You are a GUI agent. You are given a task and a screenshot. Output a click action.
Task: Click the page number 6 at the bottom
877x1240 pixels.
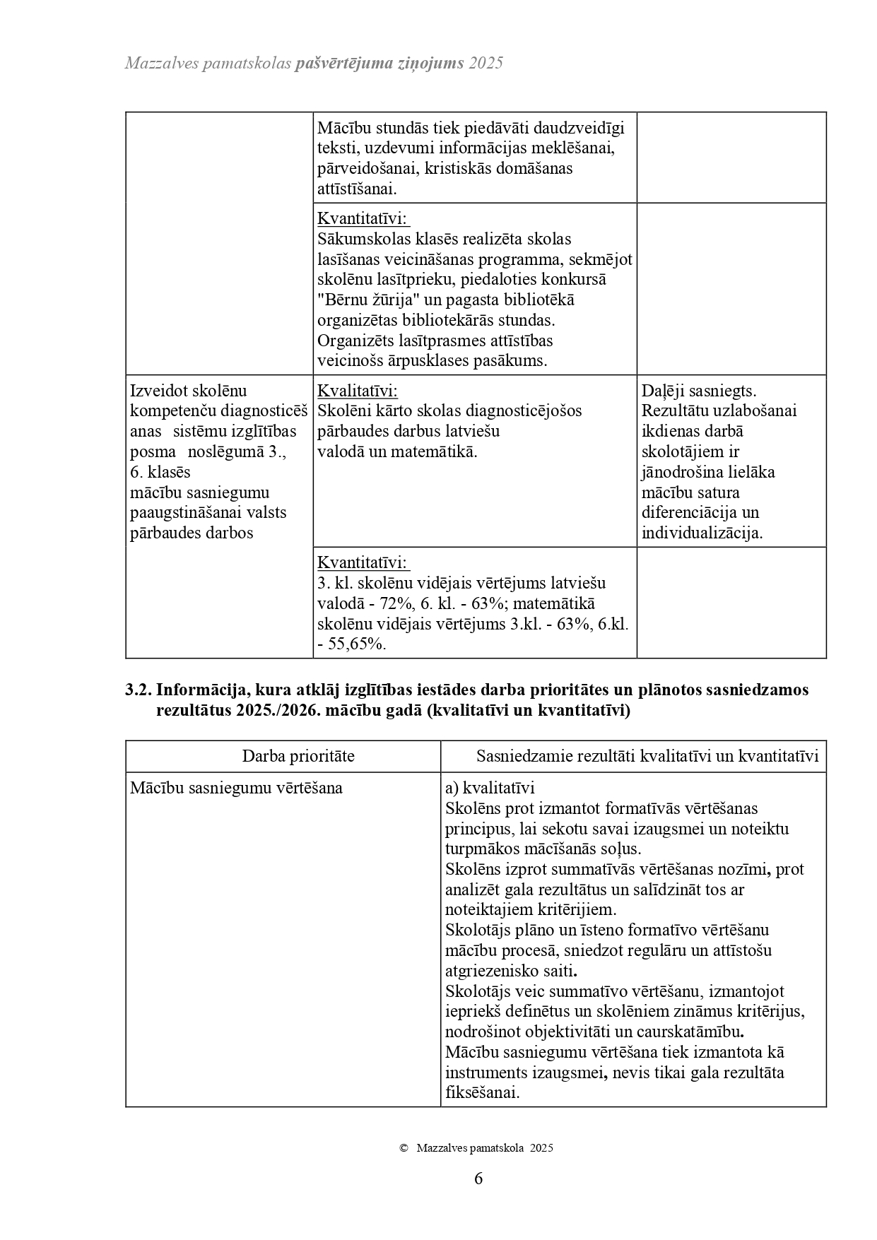coord(478,1179)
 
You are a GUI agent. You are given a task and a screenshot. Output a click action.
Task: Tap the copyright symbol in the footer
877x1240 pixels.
coord(404,1148)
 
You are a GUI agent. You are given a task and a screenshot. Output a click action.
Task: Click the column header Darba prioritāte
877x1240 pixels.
coord(298,756)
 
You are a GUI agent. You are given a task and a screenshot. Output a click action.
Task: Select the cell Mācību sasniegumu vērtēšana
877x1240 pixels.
coord(236,788)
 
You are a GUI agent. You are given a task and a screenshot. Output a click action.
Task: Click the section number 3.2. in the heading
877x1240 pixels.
coord(139,690)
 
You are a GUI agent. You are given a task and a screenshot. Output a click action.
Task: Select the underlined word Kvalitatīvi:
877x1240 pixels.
coord(357,391)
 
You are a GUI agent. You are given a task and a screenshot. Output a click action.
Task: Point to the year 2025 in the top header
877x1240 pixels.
coord(485,63)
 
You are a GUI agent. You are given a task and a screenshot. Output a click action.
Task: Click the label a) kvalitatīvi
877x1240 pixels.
coord(490,788)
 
